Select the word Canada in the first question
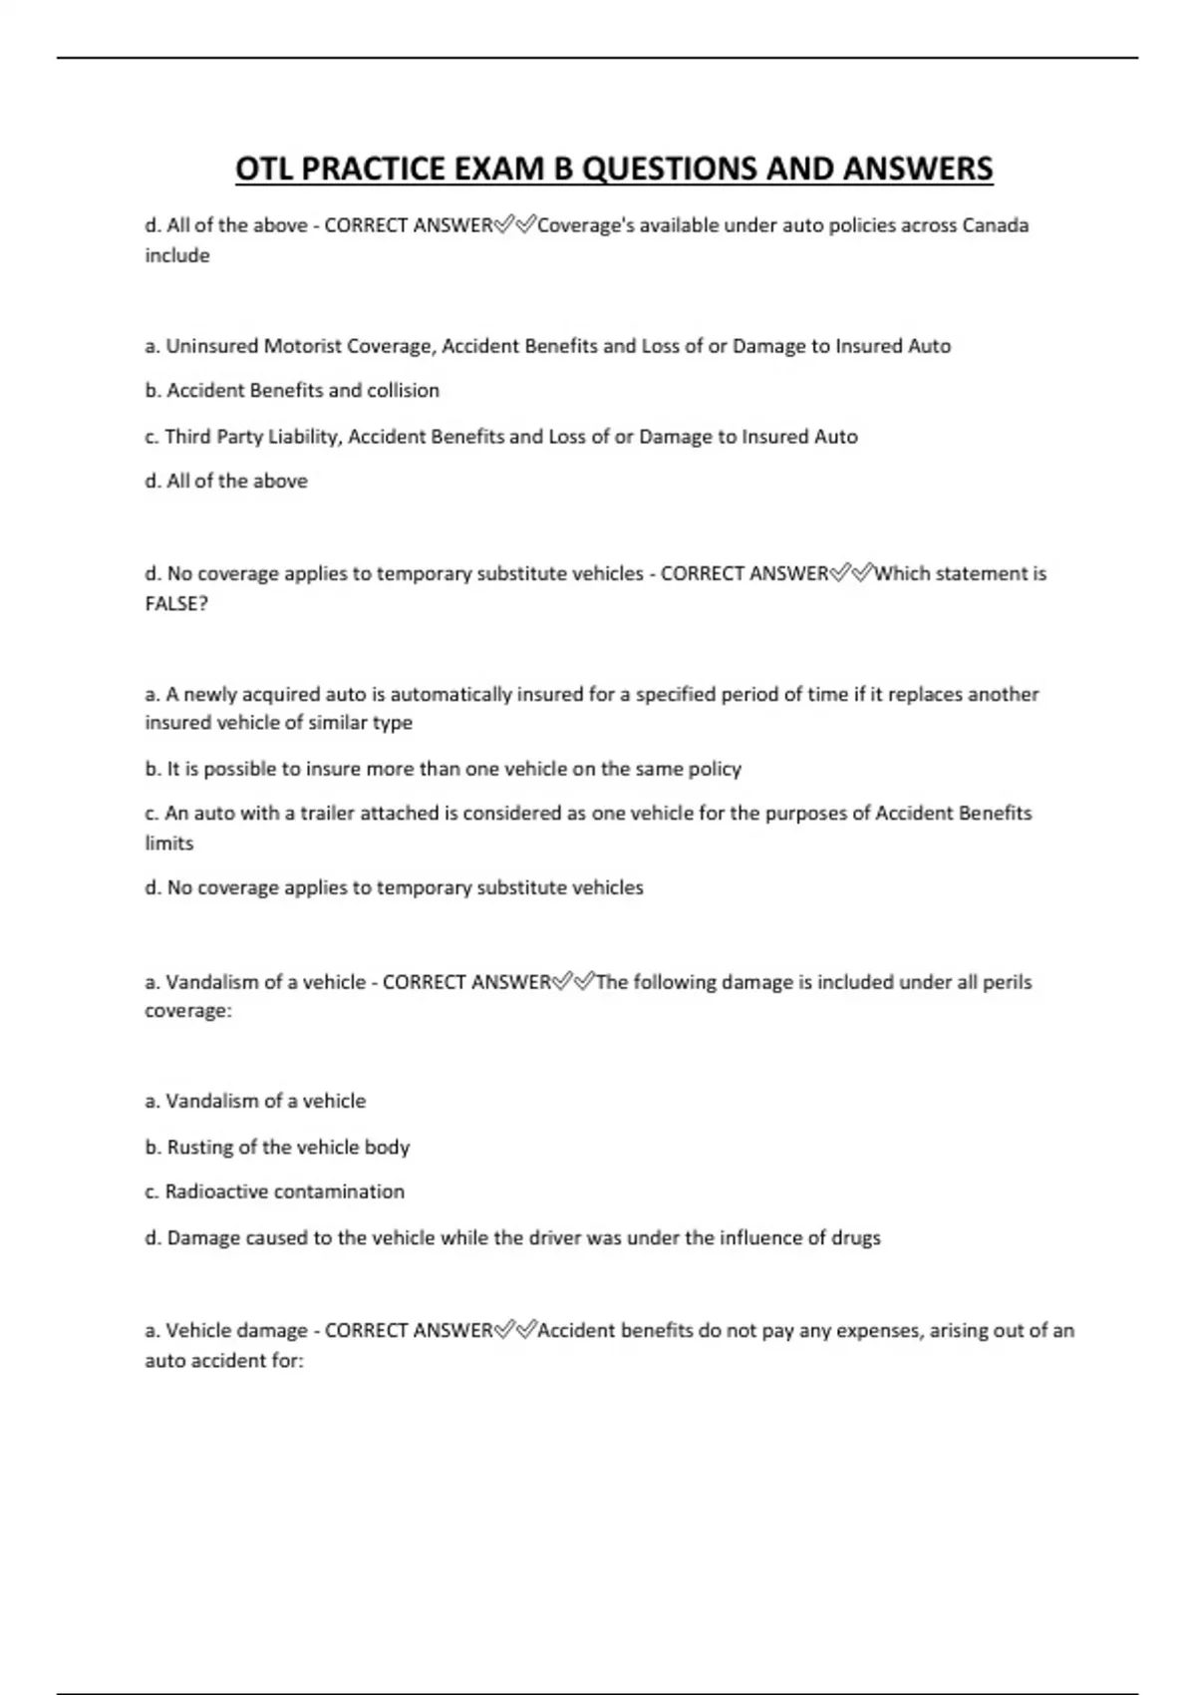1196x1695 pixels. coord(996,225)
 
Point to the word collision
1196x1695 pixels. coord(403,390)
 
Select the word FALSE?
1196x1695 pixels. coord(176,603)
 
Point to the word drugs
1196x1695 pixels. coord(856,1237)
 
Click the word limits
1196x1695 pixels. coord(169,843)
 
